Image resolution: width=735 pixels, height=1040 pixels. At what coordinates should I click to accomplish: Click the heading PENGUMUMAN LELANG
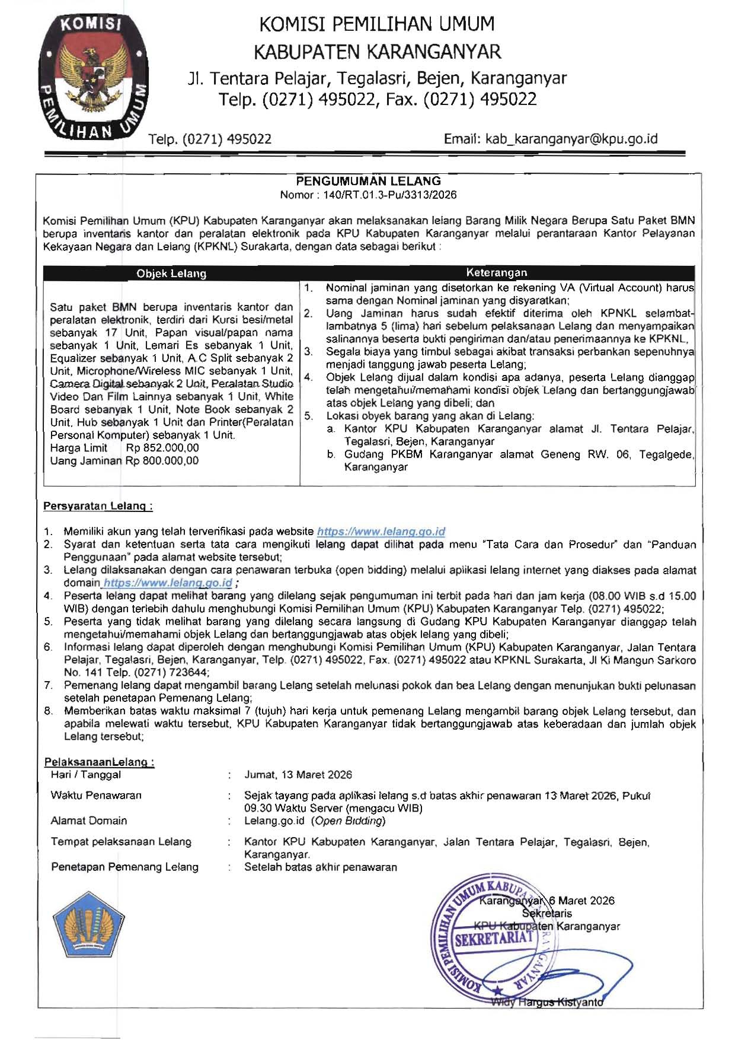(x=368, y=181)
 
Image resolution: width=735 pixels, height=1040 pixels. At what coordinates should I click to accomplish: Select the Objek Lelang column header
(x=171, y=273)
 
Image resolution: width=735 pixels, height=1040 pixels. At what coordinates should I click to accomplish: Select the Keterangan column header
(x=496, y=273)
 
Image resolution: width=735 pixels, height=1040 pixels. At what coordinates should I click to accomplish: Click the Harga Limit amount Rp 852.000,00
(x=162, y=448)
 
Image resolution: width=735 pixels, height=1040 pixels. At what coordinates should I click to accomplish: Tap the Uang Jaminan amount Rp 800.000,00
(x=162, y=460)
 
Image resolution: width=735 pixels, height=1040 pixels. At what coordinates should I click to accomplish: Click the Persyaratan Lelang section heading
(x=98, y=506)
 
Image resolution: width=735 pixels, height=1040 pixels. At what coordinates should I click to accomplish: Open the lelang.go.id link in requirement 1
(x=381, y=532)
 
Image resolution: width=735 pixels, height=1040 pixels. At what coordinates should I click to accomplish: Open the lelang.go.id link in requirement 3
(x=168, y=583)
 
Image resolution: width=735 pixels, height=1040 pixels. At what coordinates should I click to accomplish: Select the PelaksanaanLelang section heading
(x=99, y=762)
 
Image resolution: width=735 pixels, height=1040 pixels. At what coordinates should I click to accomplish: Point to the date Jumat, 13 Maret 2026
(x=298, y=775)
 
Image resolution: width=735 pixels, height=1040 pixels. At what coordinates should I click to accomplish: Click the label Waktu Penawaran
(x=96, y=795)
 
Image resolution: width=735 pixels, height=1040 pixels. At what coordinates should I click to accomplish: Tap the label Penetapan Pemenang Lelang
(x=124, y=867)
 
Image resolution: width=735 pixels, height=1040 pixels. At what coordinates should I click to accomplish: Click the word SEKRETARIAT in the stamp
(x=494, y=938)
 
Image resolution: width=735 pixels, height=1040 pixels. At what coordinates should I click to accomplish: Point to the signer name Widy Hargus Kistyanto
(x=547, y=1003)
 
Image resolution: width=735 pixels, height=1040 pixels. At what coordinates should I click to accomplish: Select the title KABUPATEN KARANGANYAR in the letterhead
(x=377, y=52)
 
